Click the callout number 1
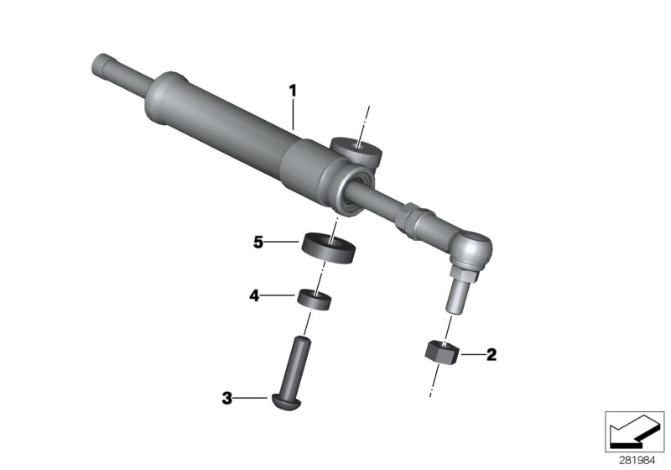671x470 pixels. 293,88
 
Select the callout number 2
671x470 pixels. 492,354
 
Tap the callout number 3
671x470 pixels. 226,399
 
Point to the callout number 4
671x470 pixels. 252,295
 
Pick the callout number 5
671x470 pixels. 258,243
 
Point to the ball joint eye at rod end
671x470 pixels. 472,247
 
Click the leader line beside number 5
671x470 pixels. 284,243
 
